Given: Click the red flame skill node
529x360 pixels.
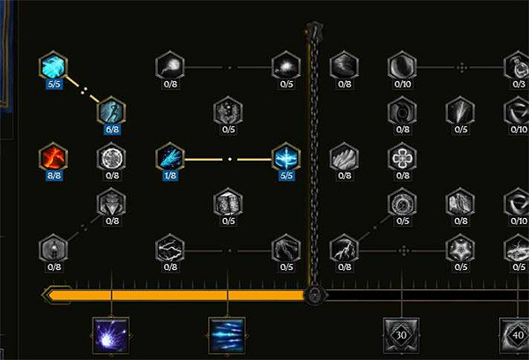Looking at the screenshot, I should click(x=54, y=159).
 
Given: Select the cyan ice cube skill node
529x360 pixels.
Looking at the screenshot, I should click(x=54, y=65).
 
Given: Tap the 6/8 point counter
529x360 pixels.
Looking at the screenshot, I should click(x=112, y=130).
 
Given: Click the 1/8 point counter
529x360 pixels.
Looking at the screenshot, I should click(x=170, y=176).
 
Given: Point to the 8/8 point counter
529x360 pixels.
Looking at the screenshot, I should click(x=54, y=176).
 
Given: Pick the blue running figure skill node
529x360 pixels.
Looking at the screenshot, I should click(x=112, y=111).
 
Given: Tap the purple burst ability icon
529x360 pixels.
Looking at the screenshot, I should click(x=112, y=335).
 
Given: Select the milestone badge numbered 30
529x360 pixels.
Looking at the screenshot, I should click(x=402, y=335).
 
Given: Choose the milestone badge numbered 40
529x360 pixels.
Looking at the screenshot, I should click(x=517, y=335).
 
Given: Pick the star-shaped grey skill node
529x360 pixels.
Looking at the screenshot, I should click(x=459, y=248).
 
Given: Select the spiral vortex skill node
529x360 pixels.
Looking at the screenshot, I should click(x=402, y=111).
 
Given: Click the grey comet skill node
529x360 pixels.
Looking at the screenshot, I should click(x=170, y=65).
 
